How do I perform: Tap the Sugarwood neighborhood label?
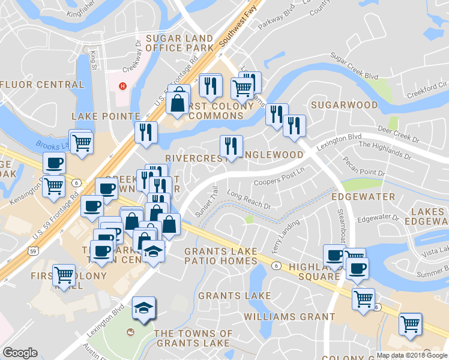pyautogui.click(x=344, y=105)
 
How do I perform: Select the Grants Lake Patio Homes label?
pyautogui.click(x=221, y=257)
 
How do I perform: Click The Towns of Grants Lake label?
pyautogui.click(x=193, y=338)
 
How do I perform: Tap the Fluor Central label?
pyautogui.click(x=42, y=85)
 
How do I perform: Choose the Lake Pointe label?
pyautogui.click(x=106, y=116)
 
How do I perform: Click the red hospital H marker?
pyautogui.click(x=123, y=86)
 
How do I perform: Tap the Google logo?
pyautogui.click(x=20, y=353)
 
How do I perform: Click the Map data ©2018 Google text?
pyautogui.click(x=412, y=355)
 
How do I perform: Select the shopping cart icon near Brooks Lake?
pyautogui.click(x=81, y=143)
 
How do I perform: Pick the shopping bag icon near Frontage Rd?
pyautogui.click(x=178, y=101)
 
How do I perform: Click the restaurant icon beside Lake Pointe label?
pyautogui.click(x=146, y=132)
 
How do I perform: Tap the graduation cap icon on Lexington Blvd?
pyautogui.click(x=143, y=307)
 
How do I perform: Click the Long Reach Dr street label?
pyautogui.click(x=249, y=200)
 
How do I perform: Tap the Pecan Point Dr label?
pyautogui.click(x=363, y=167)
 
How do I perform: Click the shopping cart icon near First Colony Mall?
pyautogui.click(x=64, y=275)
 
